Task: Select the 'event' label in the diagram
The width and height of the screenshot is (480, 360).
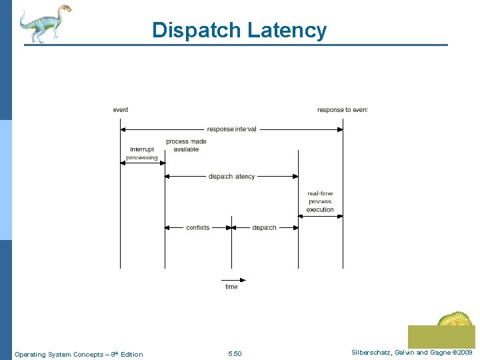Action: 121,110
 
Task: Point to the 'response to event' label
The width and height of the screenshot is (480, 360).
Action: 342,110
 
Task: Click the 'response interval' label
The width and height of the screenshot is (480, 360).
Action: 231,129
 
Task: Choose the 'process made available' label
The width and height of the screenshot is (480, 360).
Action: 186,145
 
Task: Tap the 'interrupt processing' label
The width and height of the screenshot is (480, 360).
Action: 142,153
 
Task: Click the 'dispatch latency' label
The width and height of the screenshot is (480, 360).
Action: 231,177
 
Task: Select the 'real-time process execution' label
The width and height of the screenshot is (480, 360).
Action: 320,201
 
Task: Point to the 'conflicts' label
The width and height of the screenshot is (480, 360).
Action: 198,228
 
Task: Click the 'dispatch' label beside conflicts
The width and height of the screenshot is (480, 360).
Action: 264,228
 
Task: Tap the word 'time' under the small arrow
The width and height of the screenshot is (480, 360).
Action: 231,287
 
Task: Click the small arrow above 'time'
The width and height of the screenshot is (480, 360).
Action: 233,280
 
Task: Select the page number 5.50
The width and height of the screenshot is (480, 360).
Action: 235,354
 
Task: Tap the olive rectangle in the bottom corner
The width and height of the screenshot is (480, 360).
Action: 441,336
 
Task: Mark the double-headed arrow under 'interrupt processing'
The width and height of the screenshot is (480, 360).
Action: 143,163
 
